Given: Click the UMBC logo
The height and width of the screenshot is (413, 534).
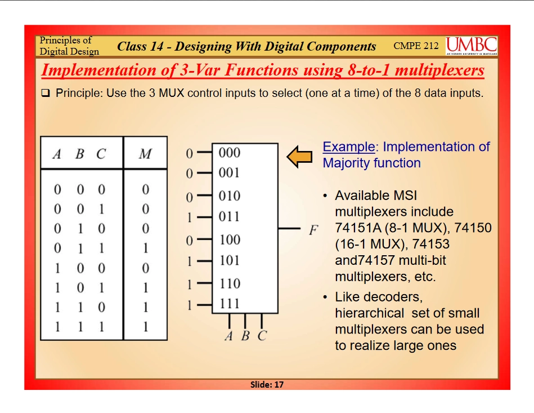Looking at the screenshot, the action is [x=472, y=46].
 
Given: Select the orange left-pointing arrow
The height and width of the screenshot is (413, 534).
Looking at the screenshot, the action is [x=299, y=157].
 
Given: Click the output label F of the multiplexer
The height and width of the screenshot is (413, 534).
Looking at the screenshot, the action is [x=313, y=230].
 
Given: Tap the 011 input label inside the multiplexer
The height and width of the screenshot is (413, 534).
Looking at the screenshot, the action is [x=229, y=216].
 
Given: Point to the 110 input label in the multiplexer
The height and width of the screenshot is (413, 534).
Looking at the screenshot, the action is [x=230, y=283].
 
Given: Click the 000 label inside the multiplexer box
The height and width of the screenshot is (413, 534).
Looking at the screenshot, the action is [x=229, y=153].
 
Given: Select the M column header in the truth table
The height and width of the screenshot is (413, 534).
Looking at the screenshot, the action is [x=145, y=154].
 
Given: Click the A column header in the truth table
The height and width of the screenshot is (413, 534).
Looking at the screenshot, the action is [x=57, y=154].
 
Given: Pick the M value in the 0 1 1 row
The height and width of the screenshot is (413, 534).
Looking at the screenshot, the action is [x=145, y=248].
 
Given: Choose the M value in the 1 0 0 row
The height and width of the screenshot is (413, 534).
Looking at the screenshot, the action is [x=145, y=268].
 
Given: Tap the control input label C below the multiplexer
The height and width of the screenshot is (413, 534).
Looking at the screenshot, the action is [x=262, y=336].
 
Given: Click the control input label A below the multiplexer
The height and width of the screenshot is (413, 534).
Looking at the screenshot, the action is [x=229, y=336].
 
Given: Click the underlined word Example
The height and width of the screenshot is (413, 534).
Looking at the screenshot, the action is [x=348, y=146].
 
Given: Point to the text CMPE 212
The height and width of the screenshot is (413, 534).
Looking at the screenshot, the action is [x=416, y=46].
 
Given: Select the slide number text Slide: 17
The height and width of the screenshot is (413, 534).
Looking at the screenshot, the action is [x=267, y=385].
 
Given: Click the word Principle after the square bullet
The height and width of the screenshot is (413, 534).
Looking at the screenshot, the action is [x=79, y=93].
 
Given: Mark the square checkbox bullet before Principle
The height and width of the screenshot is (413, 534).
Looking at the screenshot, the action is [x=45, y=93].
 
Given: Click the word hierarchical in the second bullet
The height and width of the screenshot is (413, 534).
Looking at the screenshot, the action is [x=370, y=313].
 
